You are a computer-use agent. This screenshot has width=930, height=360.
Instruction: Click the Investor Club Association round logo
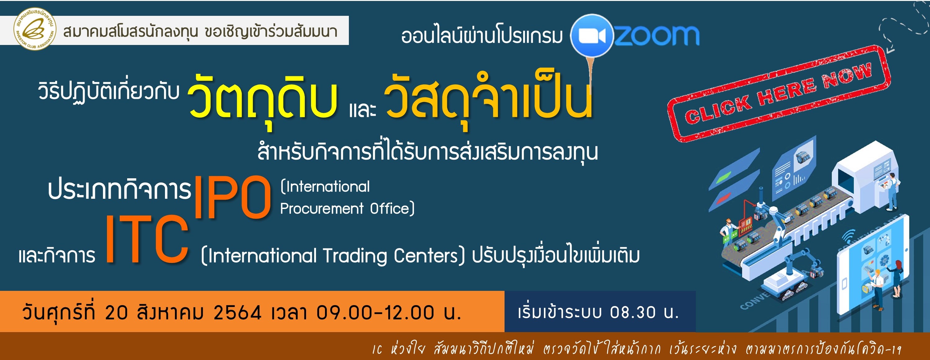tap(35, 29)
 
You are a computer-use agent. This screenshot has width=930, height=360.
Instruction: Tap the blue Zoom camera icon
tap(592, 35)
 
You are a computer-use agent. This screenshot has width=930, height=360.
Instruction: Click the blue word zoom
tap(657, 35)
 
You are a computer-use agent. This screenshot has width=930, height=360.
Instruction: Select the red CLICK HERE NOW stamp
tap(779, 94)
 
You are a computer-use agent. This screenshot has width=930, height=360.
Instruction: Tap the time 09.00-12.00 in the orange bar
tap(375, 313)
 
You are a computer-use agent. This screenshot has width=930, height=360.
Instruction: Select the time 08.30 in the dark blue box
tap(633, 313)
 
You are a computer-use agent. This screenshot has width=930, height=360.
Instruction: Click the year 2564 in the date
tap(237, 313)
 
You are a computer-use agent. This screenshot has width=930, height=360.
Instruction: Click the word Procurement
tap(322, 209)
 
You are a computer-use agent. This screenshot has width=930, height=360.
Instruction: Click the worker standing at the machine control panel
tap(890, 191)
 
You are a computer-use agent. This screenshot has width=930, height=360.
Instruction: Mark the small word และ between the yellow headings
tap(362, 110)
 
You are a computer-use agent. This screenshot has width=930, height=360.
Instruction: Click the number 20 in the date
tap(116, 313)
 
